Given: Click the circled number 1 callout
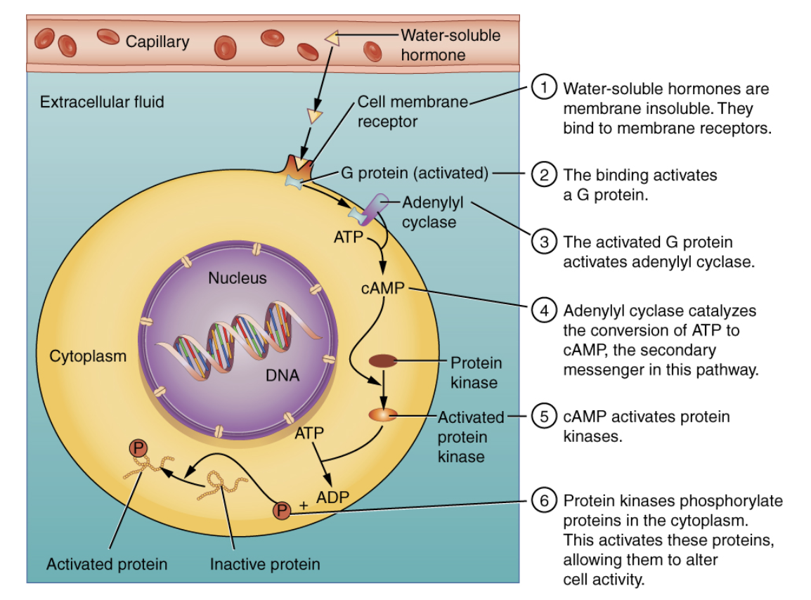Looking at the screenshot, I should click(543, 89).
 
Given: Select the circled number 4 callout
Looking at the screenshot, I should click(543, 310).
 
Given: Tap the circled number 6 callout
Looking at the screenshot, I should click(543, 501).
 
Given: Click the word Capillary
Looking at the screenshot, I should click(157, 41).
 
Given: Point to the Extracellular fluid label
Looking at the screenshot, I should click(102, 102).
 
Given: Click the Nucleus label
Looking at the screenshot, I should click(238, 278).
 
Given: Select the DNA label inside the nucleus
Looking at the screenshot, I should click(283, 375).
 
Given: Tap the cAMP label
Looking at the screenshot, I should click(382, 289).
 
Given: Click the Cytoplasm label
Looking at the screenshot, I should click(88, 356).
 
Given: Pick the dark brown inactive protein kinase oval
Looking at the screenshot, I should click(384, 361).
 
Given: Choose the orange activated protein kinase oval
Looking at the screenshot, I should click(384, 415).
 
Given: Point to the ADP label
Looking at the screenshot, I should click(332, 497).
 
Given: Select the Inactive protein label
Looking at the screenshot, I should click(265, 564).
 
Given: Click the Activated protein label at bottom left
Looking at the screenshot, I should click(107, 564).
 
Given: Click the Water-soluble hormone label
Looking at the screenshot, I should click(450, 44).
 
